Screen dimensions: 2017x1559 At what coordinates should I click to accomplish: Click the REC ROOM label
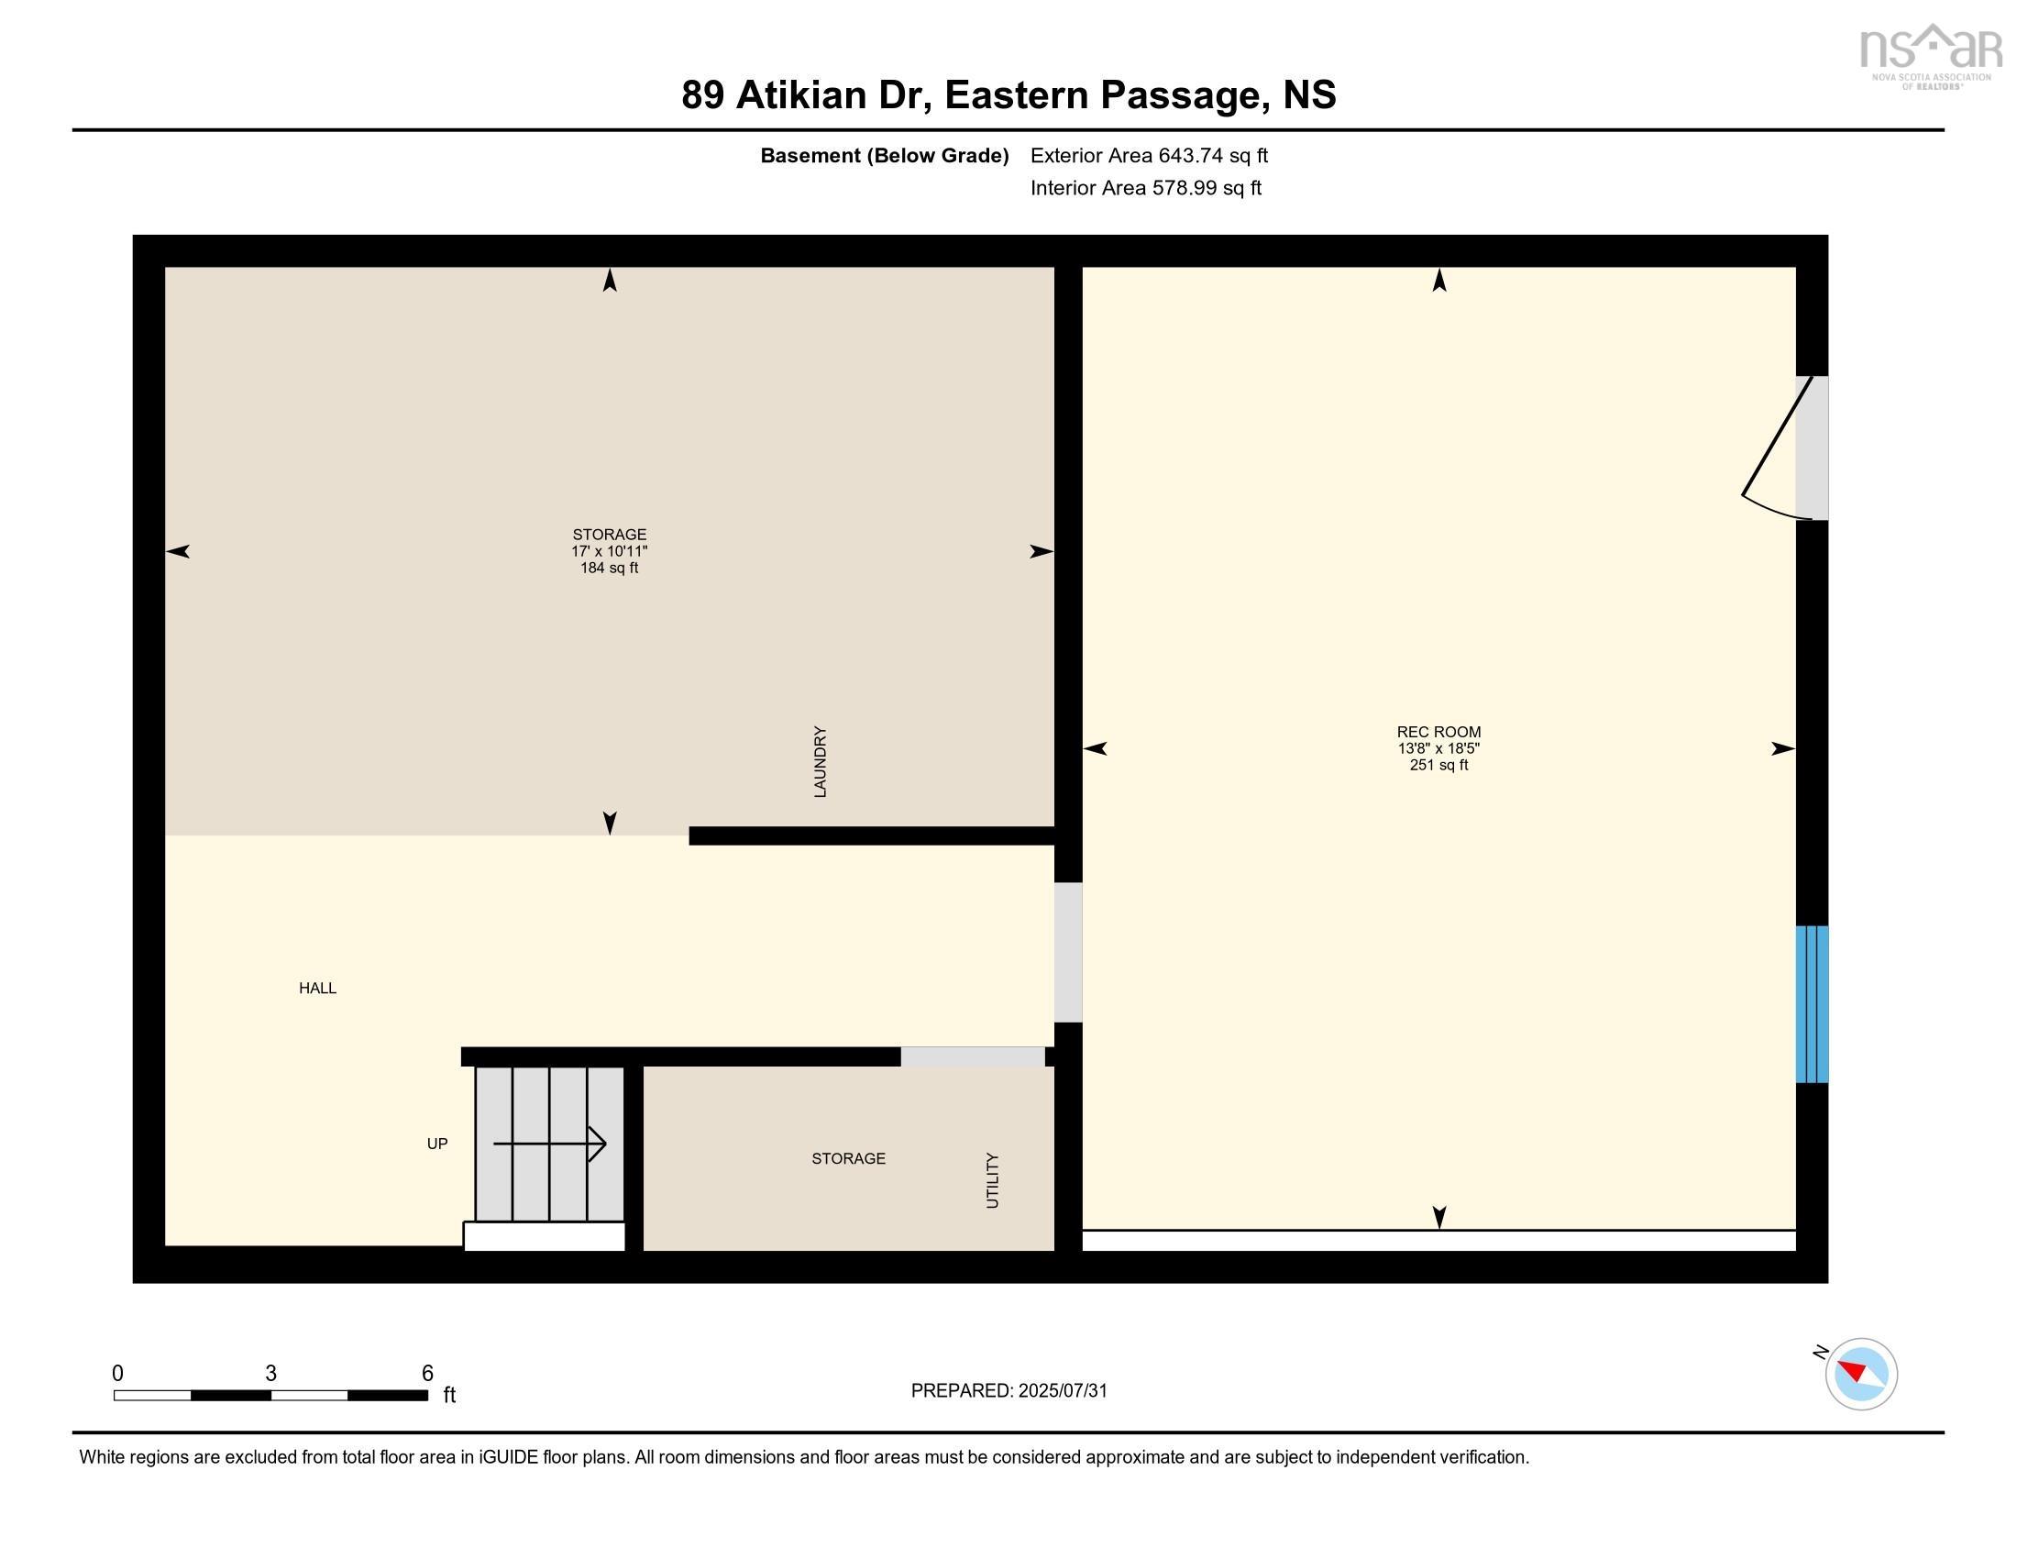[1438, 732]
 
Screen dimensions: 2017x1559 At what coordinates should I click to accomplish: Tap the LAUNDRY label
[819, 762]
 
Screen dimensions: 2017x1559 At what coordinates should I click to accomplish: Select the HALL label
[317, 989]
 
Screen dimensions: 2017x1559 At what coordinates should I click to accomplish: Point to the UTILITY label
[992, 1179]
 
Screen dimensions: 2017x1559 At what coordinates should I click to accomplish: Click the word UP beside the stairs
[436, 1144]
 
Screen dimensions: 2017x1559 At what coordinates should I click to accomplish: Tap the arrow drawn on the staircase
[549, 1144]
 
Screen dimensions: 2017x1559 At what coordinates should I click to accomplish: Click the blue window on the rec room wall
[1811, 1004]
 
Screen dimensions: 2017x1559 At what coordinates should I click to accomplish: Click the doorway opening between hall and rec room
[1067, 952]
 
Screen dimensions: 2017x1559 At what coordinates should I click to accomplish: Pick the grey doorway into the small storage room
[973, 1056]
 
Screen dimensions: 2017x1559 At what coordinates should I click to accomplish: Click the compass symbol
[1861, 1374]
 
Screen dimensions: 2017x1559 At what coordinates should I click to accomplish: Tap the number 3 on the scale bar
[270, 1374]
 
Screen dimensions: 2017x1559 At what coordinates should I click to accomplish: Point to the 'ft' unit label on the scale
[449, 1395]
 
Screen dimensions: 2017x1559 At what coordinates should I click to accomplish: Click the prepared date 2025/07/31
[1062, 1391]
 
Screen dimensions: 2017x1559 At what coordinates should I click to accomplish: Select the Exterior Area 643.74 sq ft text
[1149, 155]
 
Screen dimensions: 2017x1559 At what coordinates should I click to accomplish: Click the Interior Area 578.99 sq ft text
[1145, 187]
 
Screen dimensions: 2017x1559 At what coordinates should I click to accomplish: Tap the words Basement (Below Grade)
[884, 155]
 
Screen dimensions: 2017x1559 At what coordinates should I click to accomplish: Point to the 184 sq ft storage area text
[609, 568]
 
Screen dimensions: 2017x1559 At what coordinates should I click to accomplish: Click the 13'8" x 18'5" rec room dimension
[1438, 748]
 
